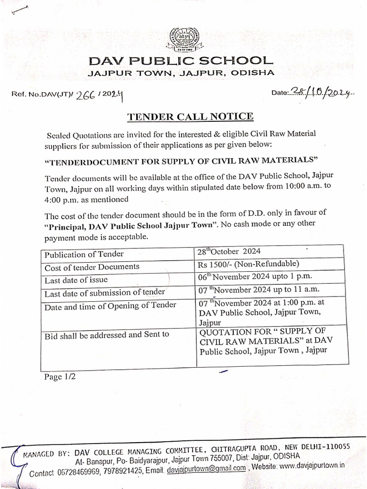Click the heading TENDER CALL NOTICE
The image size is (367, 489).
pos(190,117)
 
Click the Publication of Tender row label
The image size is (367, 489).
pos(84,254)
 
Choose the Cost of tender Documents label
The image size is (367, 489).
pos(92,267)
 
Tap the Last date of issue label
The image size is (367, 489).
pos(76,280)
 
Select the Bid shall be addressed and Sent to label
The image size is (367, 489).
pos(107,335)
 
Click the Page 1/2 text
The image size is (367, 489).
pos(60,377)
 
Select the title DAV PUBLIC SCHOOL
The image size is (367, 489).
pos(180,61)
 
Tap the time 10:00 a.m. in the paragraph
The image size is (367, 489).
pos(301,187)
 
